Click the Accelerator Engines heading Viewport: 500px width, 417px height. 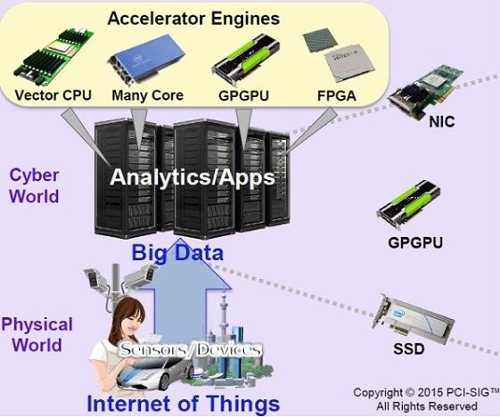click(193, 19)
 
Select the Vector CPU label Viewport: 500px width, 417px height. click(53, 95)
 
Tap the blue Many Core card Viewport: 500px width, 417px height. click(147, 60)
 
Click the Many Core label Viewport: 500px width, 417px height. click(148, 95)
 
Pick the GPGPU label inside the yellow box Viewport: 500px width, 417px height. click(243, 95)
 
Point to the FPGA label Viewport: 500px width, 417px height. click(336, 95)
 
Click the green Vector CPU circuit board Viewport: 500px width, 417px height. click(53, 57)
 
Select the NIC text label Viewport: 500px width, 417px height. click(442, 121)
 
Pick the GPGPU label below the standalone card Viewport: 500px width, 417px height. click(415, 242)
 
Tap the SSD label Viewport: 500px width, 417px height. click(409, 348)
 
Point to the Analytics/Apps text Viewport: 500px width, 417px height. click(193, 177)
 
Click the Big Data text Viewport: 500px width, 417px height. click(177, 252)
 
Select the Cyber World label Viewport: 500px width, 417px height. click(34, 185)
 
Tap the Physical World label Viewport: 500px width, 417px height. click(37, 334)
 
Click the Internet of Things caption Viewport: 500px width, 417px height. click(183, 404)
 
